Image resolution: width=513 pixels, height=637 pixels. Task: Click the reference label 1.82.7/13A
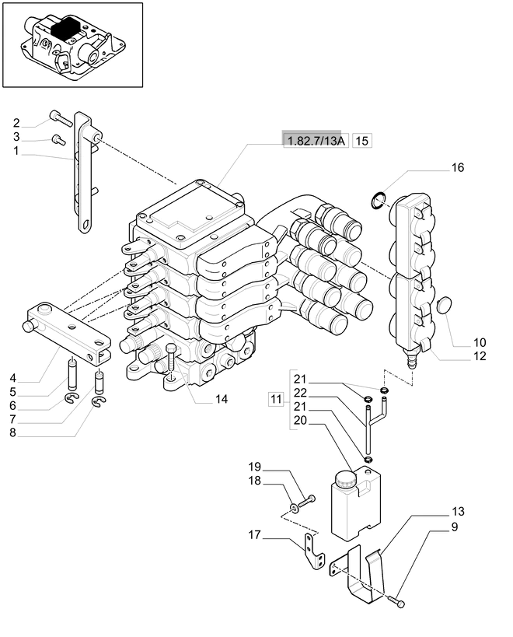tap(316, 141)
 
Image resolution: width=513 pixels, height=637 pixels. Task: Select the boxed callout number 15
tap(361, 141)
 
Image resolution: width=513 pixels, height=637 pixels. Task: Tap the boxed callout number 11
tap(276, 399)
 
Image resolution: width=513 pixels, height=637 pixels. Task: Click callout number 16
tap(457, 167)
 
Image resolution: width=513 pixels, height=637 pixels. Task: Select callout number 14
tap(222, 399)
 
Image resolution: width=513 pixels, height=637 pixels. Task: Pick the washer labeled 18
tap(294, 507)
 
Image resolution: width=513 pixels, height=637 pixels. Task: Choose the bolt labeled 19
tap(307, 501)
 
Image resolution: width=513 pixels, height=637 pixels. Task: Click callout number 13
tap(458, 512)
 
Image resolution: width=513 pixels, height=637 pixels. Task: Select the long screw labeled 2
tap(61, 118)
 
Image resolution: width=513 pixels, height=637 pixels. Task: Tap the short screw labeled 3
tap(59, 140)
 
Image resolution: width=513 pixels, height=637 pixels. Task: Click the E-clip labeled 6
tap(71, 400)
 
